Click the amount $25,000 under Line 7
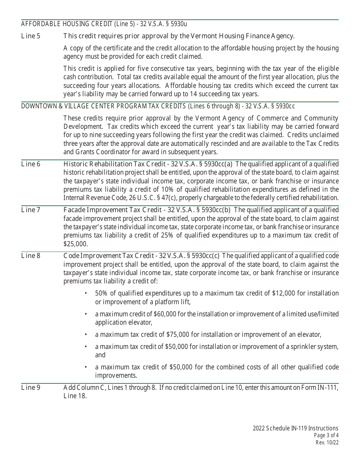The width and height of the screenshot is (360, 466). pos(75,244)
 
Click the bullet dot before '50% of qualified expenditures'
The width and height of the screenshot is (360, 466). pos(86,294)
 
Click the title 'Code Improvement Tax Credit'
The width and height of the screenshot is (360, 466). pos(103,256)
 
